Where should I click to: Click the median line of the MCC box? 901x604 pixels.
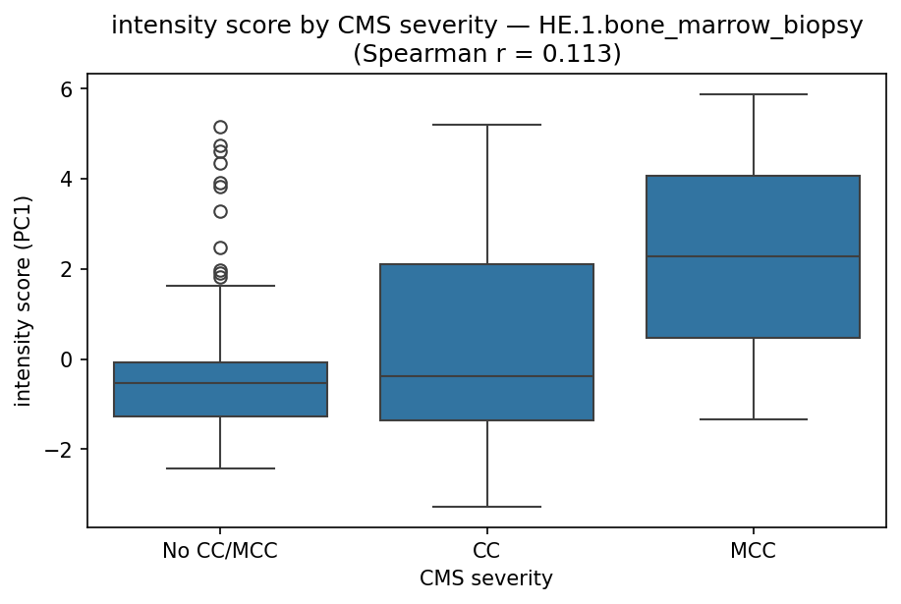(x=753, y=256)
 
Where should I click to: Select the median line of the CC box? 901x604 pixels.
(x=487, y=376)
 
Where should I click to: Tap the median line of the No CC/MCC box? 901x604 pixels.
(x=220, y=383)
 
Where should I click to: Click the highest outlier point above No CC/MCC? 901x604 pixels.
(x=220, y=127)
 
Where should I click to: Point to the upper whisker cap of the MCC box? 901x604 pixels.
(x=753, y=94)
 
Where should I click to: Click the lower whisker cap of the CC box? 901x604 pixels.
(x=487, y=507)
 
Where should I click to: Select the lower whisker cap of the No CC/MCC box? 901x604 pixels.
(x=220, y=468)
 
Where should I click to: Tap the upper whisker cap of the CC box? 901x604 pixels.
(x=487, y=125)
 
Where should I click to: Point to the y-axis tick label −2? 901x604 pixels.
(x=63, y=450)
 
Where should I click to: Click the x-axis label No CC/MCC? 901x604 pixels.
(x=220, y=551)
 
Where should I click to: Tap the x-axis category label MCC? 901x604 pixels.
(x=753, y=551)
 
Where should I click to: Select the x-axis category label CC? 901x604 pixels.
(x=487, y=551)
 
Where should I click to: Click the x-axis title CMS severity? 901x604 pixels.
(x=486, y=578)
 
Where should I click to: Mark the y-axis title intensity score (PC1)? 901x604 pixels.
(x=23, y=301)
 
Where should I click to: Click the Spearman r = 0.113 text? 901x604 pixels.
(x=486, y=53)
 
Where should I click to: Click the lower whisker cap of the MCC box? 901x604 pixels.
(x=753, y=419)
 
